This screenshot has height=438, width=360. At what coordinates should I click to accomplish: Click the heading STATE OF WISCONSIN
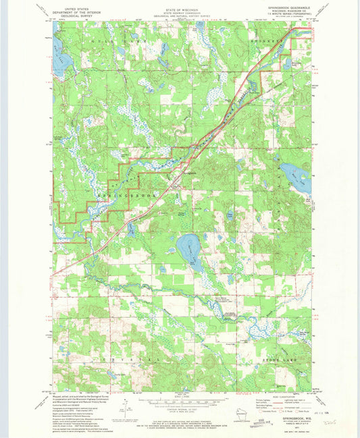(x=180, y=6)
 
